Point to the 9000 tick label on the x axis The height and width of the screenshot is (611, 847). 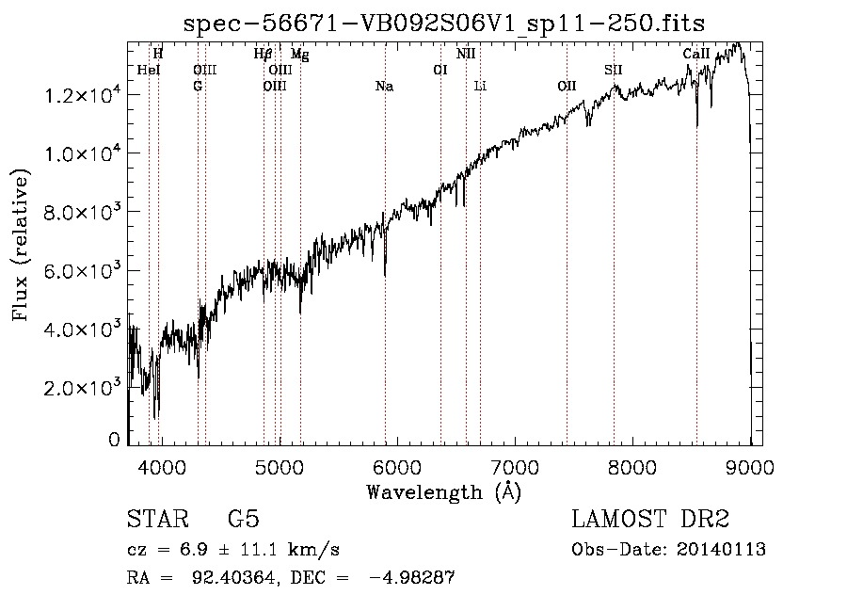tap(750, 465)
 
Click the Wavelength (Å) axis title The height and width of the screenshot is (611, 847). tap(443, 491)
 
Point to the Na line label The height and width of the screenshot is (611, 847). tap(384, 87)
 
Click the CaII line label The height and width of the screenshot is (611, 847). tap(695, 55)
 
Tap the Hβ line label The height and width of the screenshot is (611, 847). tap(264, 55)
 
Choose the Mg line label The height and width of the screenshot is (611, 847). tap(299, 55)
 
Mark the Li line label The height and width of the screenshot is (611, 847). tap(480, 87)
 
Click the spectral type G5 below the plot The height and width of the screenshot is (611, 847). tap(244, 521)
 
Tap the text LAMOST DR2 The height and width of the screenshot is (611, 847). tap(650, 521)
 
